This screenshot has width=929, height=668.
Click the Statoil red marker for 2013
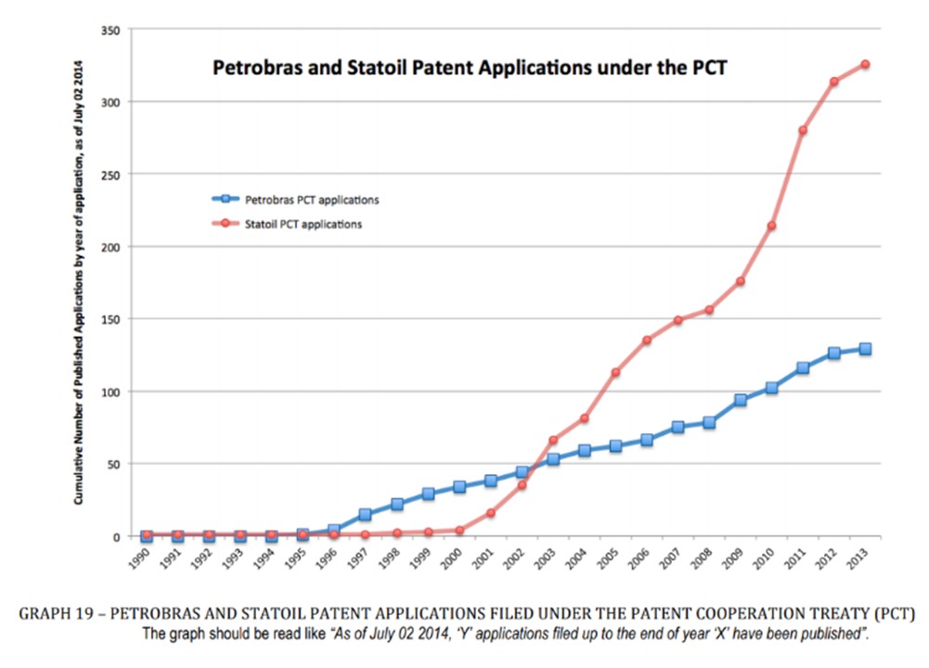pos(865,64)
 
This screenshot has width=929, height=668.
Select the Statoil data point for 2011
pos(803,130)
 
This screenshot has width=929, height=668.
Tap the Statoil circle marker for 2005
pos(615,372)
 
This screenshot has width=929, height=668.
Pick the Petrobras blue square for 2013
pos(865,349)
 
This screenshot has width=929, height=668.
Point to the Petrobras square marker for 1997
pos(365,514)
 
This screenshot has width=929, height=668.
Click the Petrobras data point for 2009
pos(741,400)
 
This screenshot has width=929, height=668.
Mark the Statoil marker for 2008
pos(709,310)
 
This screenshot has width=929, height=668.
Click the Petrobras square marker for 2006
pos(647,440)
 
